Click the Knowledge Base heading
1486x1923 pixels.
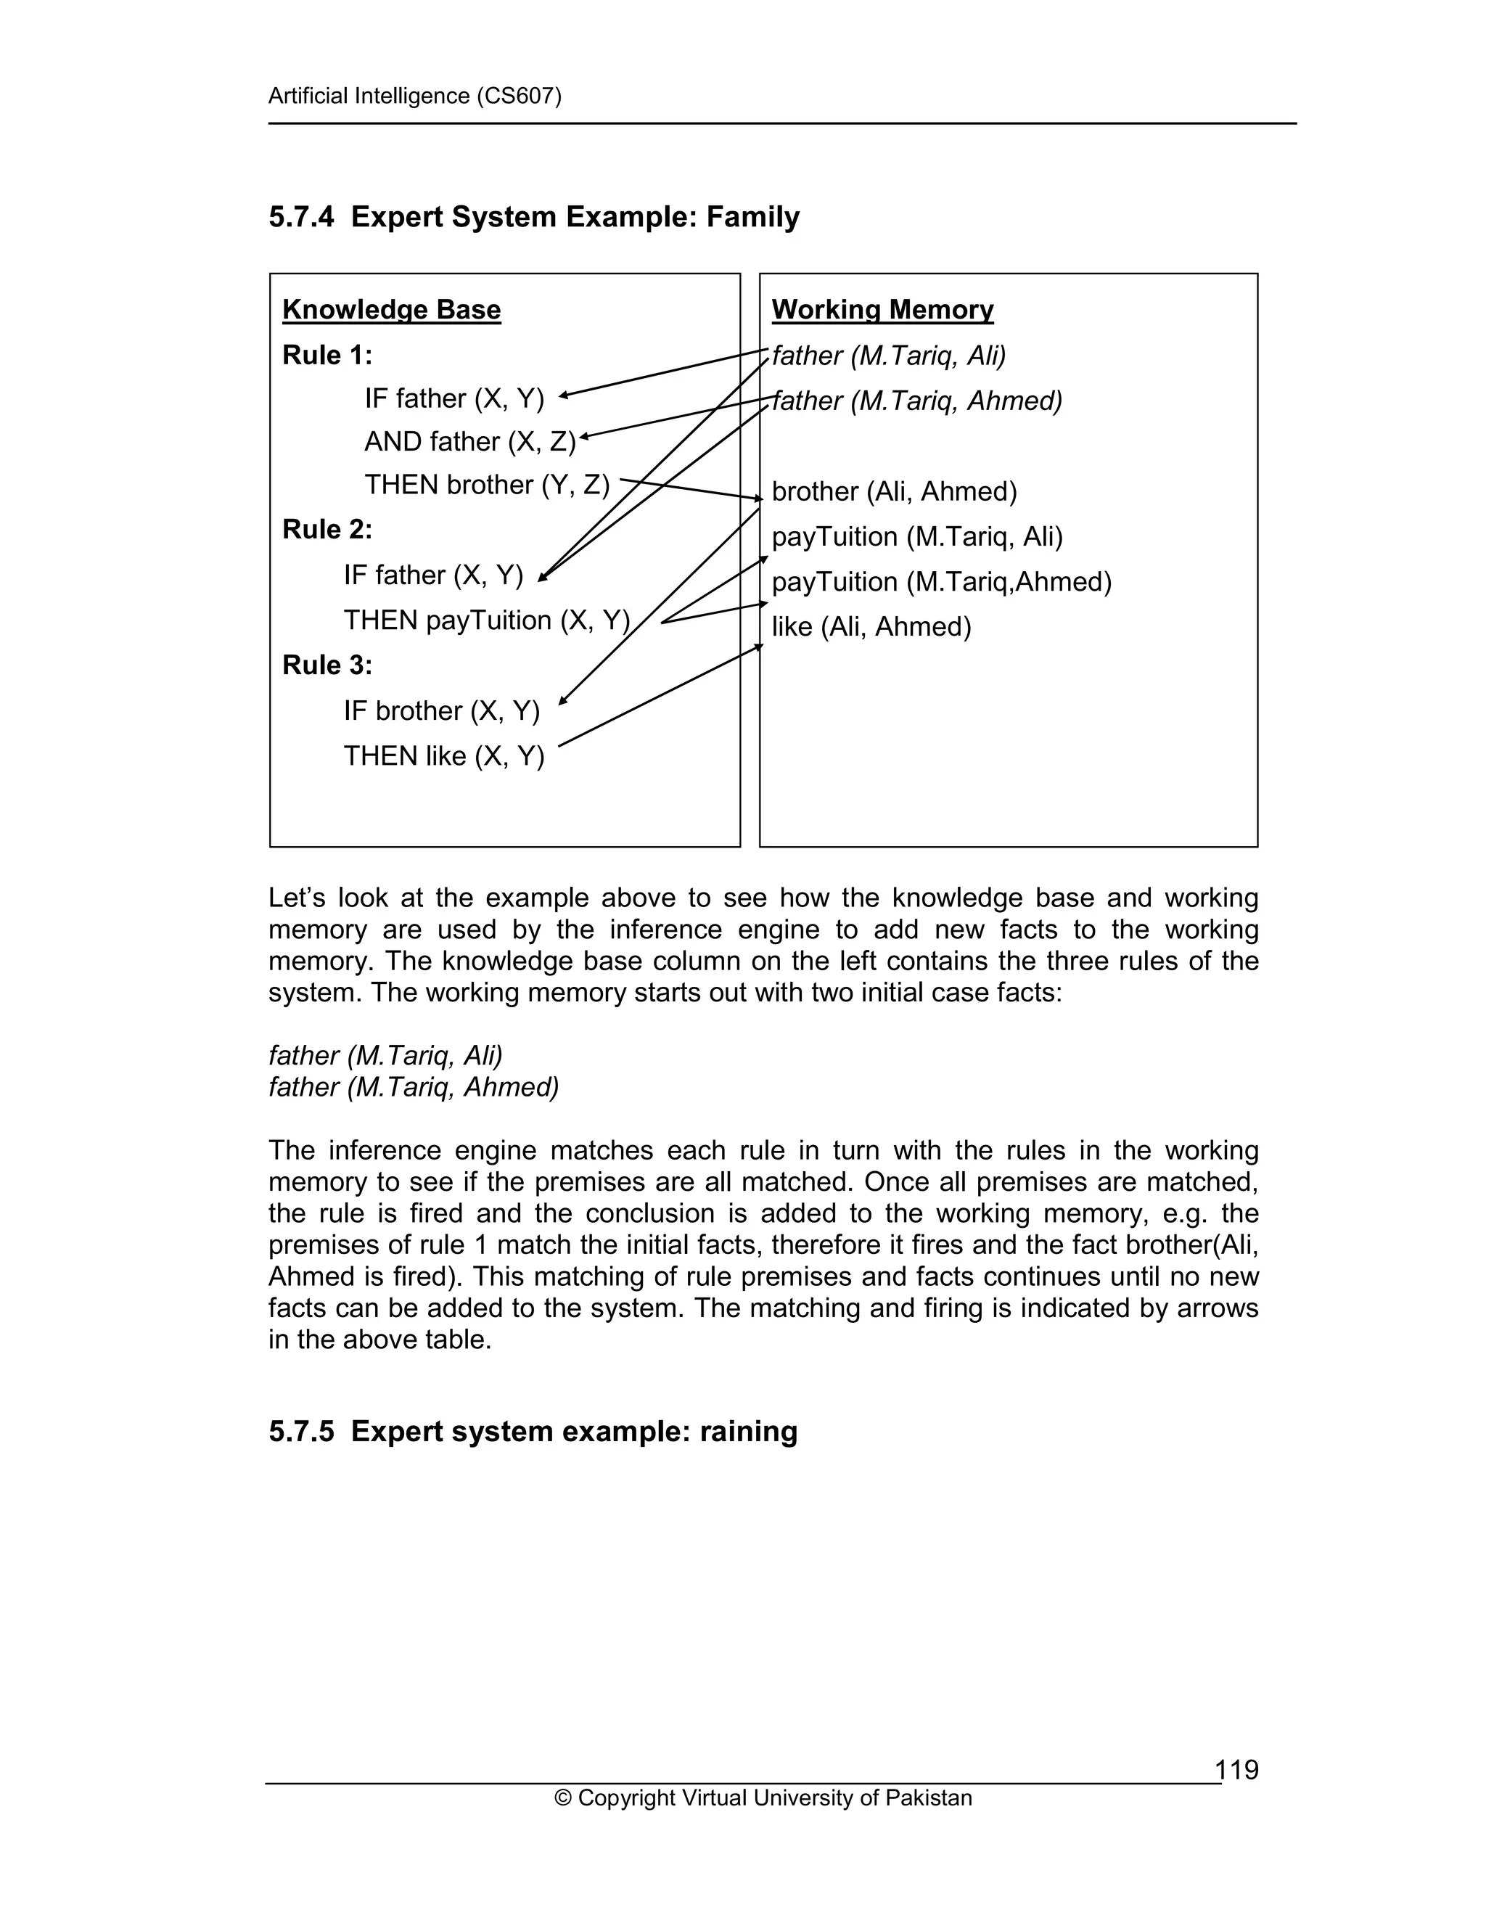[391, 310]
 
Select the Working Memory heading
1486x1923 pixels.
[882, 310]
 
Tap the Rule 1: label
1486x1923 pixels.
[327, 355]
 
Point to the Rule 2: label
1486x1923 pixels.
[327, 529]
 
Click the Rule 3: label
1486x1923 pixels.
[327, 665]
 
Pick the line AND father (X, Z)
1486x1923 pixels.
[469, 441]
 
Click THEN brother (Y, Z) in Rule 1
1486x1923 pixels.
[487, 484]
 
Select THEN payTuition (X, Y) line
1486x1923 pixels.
[487, 620]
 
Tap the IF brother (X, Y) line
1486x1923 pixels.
[441, 710]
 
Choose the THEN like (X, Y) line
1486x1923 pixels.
[443, 755]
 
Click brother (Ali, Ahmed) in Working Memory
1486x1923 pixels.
[893, 491]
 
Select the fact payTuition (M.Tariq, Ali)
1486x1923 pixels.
[916, 536]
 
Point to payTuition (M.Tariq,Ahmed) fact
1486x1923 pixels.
[941, 582]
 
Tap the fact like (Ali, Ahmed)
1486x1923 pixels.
[871, 627]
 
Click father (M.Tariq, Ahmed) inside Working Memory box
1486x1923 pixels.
[916, 401]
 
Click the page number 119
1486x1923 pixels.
[1236, 1769]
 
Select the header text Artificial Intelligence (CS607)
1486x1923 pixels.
[414, 96]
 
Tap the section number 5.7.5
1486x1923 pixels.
[301, 1431]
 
